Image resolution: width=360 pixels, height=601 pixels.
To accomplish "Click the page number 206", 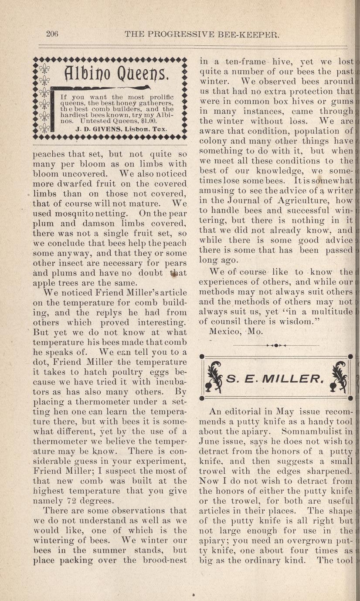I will pyautogui.click(x=52, y=34).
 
